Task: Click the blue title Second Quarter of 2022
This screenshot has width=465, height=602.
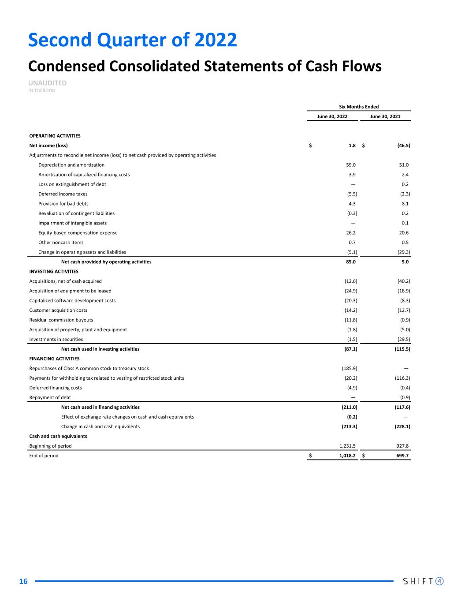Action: [132, 40]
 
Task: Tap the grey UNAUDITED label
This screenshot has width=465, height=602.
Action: [48, 83]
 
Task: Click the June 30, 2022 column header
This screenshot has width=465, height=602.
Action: [332, 116]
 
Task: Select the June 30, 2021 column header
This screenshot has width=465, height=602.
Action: [385, 116]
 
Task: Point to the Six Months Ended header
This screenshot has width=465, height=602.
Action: [359, 107]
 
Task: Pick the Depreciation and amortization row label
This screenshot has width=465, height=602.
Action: [71, 165]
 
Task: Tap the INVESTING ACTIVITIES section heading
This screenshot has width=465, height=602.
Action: [54, 272]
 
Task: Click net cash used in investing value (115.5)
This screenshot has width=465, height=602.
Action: [401, 349]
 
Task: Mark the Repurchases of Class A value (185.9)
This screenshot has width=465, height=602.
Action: [350, 369]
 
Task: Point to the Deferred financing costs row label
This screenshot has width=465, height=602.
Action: [56, 388]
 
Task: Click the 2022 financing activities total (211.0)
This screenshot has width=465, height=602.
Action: [350, 408]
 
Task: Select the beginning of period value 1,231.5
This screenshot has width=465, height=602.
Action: [347, 446]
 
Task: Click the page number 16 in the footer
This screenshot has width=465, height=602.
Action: [23, 582]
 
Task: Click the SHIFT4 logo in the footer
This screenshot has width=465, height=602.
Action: [424, 581]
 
